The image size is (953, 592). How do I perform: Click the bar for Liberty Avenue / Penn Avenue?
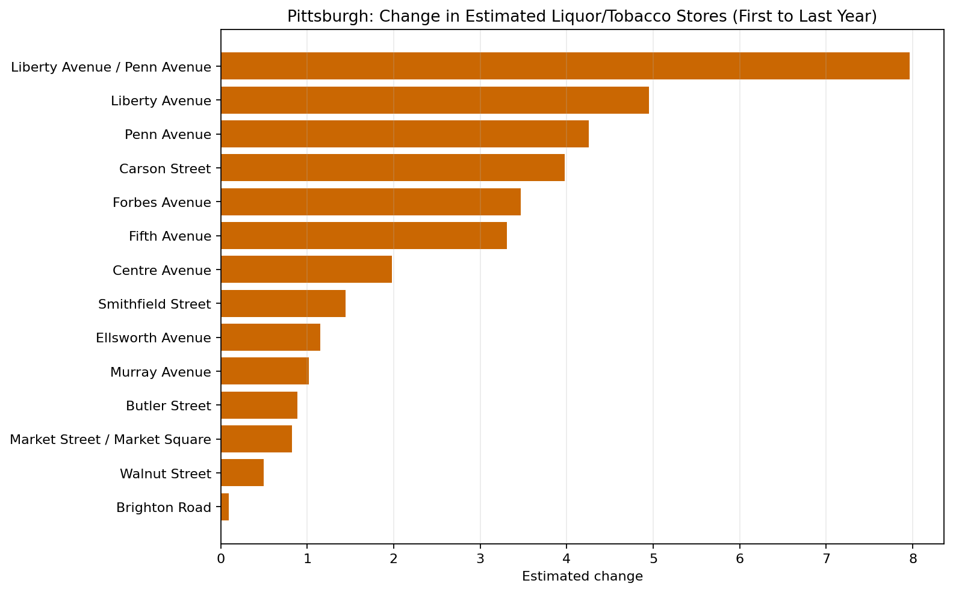coord(565,66)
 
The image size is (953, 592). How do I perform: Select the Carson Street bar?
coord(393,168)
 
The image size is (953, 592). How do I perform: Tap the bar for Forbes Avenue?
coord(371,202)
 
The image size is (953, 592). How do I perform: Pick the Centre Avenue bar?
coord(306,270)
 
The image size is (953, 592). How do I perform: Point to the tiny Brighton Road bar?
coord(225,507)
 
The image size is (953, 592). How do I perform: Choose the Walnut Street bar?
coord(243,473)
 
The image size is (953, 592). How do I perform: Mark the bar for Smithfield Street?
coord(283,304)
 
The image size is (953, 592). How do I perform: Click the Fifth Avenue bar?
coord(364,236)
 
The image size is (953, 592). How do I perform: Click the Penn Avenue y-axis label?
coord(168,135)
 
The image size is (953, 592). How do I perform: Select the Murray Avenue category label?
coord(161,372)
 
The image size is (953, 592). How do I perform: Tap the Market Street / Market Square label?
coord(111,440)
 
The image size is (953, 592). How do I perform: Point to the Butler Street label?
coord(169,406)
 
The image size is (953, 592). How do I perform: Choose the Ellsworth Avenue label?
coord(154,338)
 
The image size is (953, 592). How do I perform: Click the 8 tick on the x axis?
coord(913,558)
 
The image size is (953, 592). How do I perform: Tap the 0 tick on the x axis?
coord(221,558)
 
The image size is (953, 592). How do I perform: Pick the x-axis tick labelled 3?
coord(480,558)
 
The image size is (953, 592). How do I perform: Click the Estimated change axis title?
coord(582,576)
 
